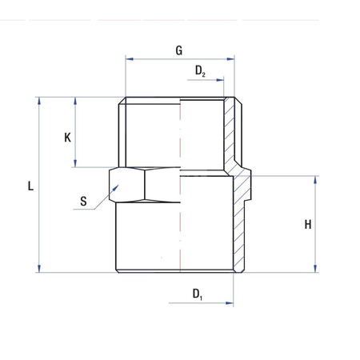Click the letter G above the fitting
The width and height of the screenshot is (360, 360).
(178, 50)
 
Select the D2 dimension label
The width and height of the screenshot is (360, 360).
(200, 72)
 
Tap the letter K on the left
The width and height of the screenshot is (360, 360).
(68, 137)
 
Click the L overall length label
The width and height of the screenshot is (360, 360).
(30, 186)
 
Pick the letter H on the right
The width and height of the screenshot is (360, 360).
(308, 225)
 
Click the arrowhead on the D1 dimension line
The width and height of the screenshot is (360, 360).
(230, 304)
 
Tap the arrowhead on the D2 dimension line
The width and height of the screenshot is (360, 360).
(221, 80)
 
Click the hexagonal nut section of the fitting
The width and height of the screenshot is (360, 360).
(144, 184)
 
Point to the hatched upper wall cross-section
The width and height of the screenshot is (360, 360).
(231, 136)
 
